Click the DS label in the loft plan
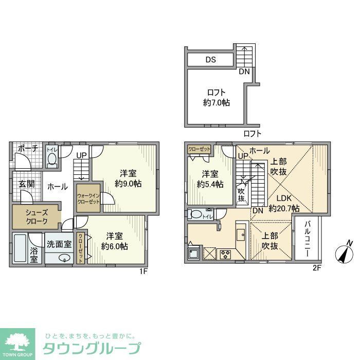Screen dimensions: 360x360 click(x=211, y=60)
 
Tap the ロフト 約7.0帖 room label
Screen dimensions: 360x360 click(x=216, y=98)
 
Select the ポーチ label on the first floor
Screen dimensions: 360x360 click(x=27, y=149)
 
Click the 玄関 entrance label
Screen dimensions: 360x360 click(x=27, y=184)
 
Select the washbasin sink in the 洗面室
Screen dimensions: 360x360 click(x=64, y=258)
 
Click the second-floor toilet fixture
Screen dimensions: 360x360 click(x=196, y=214)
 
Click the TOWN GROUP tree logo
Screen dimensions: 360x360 click(x=17, y=341)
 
